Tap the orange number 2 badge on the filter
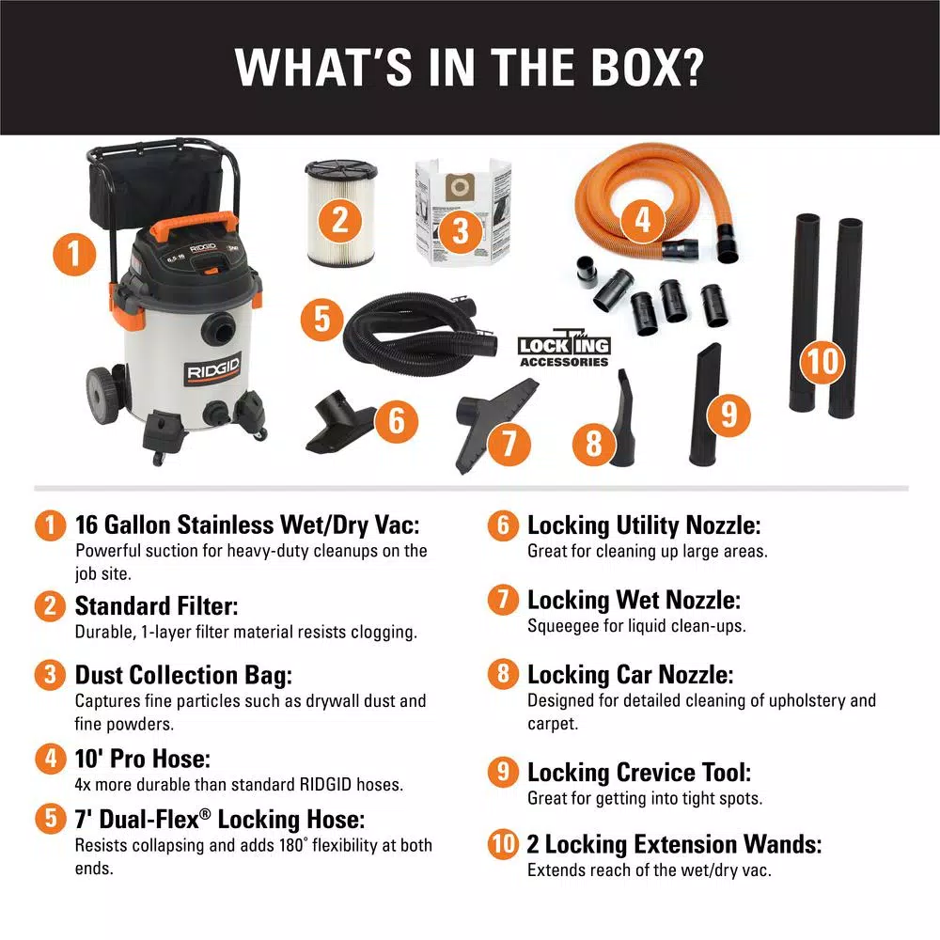tap(340, 220)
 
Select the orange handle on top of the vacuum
tap(193, 225)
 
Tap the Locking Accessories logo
tap(564, 349)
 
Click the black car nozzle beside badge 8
tap(623, 418)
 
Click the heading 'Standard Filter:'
tap(156, 605)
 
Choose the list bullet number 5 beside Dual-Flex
tap(51, 819)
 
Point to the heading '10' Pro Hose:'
tap(143, 759)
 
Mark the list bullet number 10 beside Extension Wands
tap(503, 844)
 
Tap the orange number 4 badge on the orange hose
tap(642, 220)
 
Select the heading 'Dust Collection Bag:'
tap(183, 675)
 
